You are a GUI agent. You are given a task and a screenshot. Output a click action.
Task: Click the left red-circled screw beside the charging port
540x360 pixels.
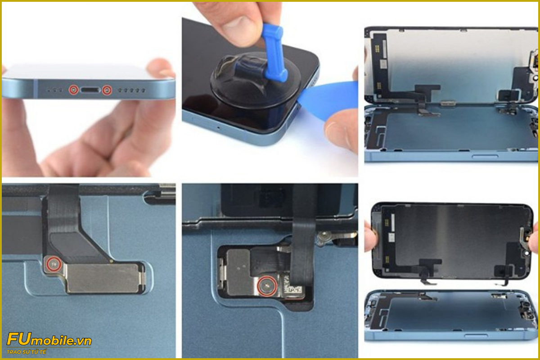tap(74, 90)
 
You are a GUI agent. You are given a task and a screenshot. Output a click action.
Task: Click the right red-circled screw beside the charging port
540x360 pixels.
tap(107, 90)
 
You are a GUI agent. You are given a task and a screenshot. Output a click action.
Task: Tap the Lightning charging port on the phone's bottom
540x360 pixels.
tap(90, 90)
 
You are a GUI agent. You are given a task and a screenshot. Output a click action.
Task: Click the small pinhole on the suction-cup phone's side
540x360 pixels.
tap(219, 127)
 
